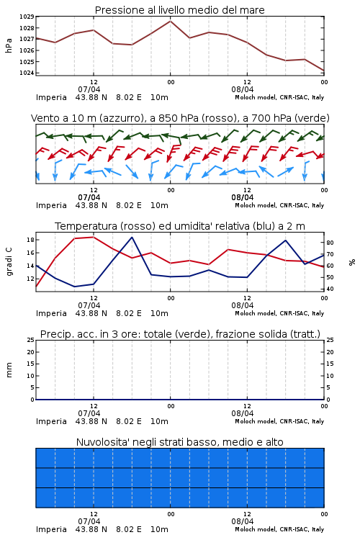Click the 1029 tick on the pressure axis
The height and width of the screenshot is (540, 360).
pos(26,17)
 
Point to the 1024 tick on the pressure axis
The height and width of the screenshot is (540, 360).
pos(26,73)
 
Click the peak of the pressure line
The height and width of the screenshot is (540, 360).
pos(170,21)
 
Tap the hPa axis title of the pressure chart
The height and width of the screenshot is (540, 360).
pos(9,45)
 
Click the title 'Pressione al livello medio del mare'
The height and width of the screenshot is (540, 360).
pos(179,10)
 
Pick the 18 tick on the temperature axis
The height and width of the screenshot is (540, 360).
pos(30,240)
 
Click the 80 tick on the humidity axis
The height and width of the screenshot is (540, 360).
pos(330,243)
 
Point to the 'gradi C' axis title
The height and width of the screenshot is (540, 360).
pos(9,262)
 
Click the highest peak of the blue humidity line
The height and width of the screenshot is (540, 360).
pos(132,237)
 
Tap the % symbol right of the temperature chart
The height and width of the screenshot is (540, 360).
pos(352,262)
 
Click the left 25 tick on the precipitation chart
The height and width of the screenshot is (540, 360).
pos(30,340)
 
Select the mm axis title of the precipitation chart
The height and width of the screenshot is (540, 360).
pos(9,370)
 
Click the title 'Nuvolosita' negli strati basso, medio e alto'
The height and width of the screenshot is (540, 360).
pos(179,442)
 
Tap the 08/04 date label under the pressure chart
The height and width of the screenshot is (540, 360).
pos(242,89)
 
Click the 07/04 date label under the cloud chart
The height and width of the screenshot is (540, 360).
pos(89,521)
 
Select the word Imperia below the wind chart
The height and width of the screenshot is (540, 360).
pos(51,206)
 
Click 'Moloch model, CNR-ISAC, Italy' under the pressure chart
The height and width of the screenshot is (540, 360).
pos(279,97)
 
